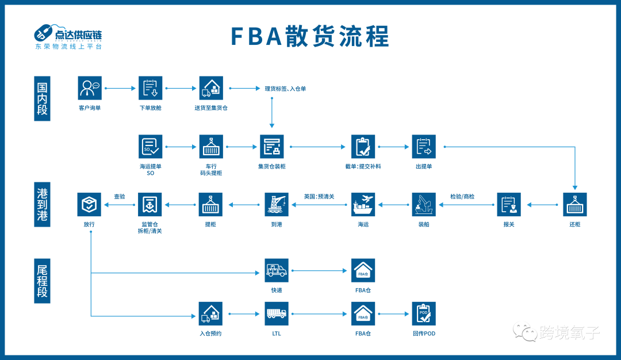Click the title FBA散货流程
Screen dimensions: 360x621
pyautogui.click(x=310, y=36)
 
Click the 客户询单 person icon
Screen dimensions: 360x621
pyautogui.click(x=90, y=88)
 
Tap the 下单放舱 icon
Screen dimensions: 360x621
pyautogui.click(x=151, y=88)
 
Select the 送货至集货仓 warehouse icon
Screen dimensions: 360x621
pyautogui.click(x=211, y=88)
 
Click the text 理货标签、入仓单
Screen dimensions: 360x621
pyautogui.click(x=285, y=89)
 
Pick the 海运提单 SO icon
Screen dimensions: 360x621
pyautogui.click(x=151, y=147)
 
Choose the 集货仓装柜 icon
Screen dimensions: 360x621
pyautogui.click(x=271, y=147)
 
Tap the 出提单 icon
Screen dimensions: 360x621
pyautogui.click(x=424, y=147)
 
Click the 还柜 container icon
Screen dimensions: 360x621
pyautogui.click(x=575, y=204)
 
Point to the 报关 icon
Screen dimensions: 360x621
pyautogui.click(x=509, y=204)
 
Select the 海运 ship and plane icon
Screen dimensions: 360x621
pyautogui.click(x=363, y=204)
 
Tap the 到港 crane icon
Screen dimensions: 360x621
pyautogui.click(x=277, y=204)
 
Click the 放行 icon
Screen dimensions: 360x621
pyautogui.click(x=90, y=204)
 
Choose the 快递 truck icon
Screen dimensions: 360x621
pyautogui.click(x=277, y=270)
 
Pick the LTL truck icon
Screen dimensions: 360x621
pyautogui.click(x=277, y=314)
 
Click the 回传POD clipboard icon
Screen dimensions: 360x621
pyautogui.click(x=424, y=314)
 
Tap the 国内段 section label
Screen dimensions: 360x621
pyautogui.click(x=42, y=98)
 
